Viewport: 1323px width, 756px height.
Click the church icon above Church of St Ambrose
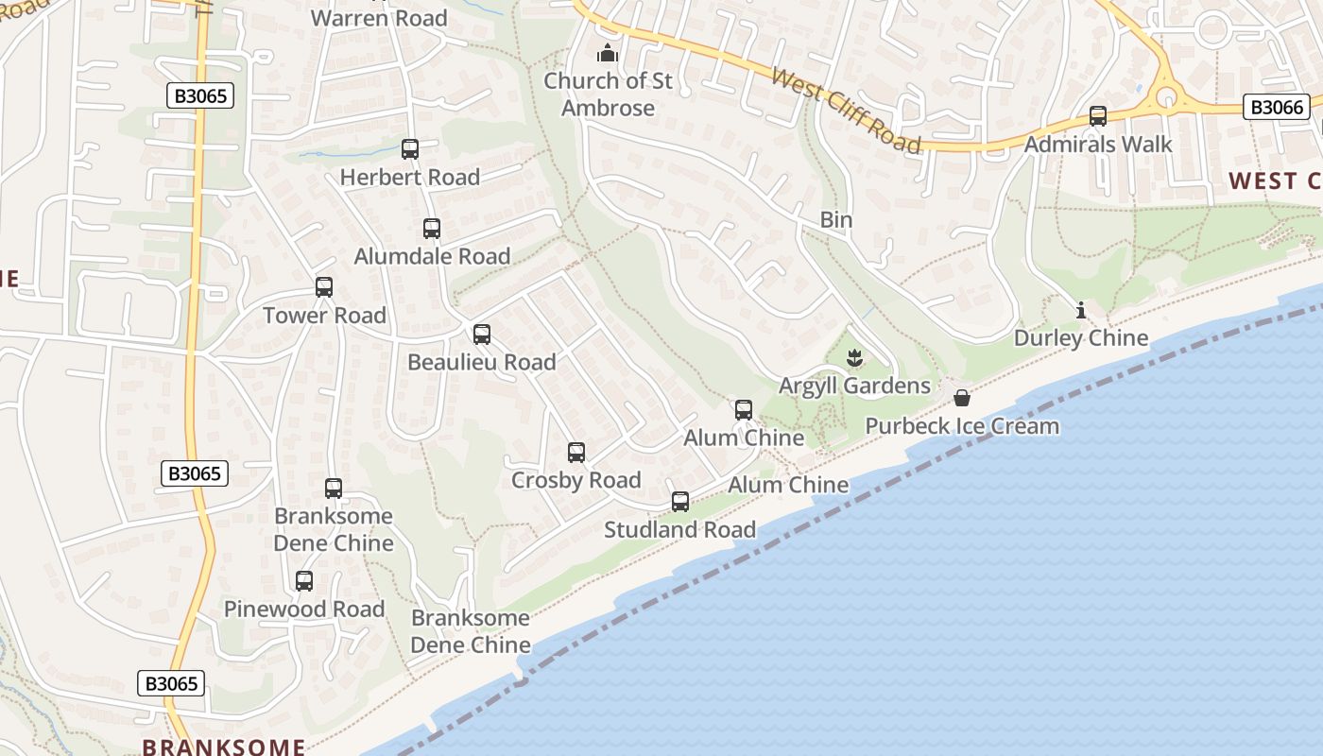pos(608,53)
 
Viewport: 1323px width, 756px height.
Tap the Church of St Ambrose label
pos(608,94)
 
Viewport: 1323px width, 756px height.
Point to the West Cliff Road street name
pos(846,110)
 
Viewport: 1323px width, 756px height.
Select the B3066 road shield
pos(1277,108)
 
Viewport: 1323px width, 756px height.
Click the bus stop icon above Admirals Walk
pos(1098,116)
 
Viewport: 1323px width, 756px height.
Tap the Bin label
pos(835,220)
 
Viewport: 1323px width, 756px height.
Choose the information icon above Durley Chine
pos(1081,310)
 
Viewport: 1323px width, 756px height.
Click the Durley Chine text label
pos(1081,338)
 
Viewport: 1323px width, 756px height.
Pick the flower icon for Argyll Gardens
pos(854,358)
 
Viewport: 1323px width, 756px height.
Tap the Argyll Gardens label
pos(854,386)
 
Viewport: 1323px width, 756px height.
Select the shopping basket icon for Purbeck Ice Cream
pos(962,398)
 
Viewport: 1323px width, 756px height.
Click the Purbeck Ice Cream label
pos(962,426)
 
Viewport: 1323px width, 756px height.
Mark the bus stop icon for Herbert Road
pos(410,149)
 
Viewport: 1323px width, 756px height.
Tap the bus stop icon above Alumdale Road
pos(432,229)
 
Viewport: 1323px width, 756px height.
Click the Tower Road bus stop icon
pos(324,287)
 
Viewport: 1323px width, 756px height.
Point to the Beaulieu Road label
pos(482,363)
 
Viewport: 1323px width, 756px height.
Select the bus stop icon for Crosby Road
pos(576,453)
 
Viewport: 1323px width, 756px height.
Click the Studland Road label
pos(680,530)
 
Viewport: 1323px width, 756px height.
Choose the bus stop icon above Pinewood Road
pos(304,581)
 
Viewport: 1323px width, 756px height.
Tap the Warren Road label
pos(379,18)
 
